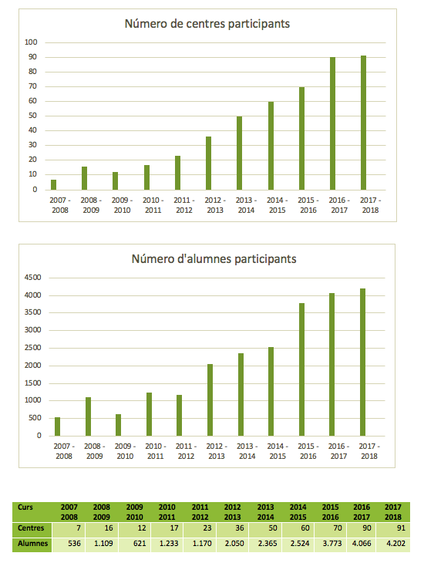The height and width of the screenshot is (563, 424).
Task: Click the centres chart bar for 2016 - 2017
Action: tap(332, 123)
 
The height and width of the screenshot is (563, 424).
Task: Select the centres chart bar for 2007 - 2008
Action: tap(53, 184)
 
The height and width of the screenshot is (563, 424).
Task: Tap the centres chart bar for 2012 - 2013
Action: tap(209, 163)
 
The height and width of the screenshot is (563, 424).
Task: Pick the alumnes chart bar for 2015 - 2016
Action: tap(301, 369)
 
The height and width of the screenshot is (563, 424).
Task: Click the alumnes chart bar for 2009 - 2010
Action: tap(119, 425)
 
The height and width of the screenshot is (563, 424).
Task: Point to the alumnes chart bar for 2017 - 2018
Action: tap(362, 362)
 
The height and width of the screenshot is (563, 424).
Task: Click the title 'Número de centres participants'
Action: tap(207, 24)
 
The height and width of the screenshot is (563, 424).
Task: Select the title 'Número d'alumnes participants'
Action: tap(214, 259)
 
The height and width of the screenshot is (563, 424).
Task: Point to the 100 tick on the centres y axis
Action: tap(31, 42)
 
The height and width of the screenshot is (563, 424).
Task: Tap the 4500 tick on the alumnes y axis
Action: tap(32, 278)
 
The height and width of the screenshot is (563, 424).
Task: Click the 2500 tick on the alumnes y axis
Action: tap(32, 348)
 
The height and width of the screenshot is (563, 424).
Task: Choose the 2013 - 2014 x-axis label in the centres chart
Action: tap(246, 205)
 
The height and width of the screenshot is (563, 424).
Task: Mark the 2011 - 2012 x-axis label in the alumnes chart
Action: tap(186, 451)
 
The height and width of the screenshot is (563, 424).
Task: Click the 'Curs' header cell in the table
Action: tap(25, 507)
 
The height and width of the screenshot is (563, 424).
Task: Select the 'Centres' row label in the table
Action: tap(31, 528)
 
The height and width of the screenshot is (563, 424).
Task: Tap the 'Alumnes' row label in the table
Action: tap(32, 543)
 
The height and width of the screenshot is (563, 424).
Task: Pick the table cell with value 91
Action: tap(394, 529)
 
